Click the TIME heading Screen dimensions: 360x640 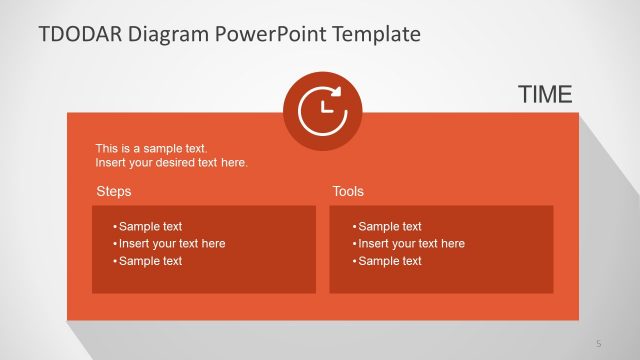[x=545, y=95]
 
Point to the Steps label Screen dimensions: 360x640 [x=113, y=191]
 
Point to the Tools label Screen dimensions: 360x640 [x=348, y=191]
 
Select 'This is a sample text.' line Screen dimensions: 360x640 [x=151, y=148]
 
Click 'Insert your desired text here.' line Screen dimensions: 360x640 [x=171, y=162]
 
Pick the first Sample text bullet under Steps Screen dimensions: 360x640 [x=150, y=226]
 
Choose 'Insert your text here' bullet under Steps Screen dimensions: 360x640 [x=171, y=243]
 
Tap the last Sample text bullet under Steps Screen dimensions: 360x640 [x=150, y=261]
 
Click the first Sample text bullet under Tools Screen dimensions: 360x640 [x=389, y=226]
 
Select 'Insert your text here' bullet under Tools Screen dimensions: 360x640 [x=410, y=243]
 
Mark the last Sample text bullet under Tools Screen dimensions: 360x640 [x=389, y=261]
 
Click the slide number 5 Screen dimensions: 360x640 [x=598, y=343]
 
